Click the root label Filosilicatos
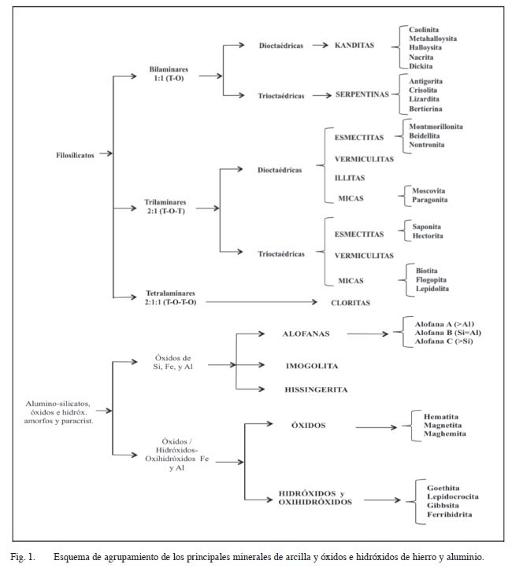point(75,156)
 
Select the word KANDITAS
point(354,46)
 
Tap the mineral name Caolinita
point(424,30)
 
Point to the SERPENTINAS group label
point(362,94)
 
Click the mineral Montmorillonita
point(436,127)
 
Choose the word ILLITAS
point(350,178)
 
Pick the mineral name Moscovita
point(429,190)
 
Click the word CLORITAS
point(351,303)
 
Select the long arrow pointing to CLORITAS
point(262,302)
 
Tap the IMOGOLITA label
point(312,366)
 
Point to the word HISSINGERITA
point(316,389)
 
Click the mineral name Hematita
point(441,417)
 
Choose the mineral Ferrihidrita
point(449,515)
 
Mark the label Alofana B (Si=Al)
point(448,333)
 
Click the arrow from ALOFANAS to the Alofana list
point(367,334)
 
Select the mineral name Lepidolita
point(432,289)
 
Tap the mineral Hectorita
point(428,236)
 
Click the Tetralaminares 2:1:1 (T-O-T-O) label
point(170,297)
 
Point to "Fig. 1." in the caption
point(23,557)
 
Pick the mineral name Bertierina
point(425,109)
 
